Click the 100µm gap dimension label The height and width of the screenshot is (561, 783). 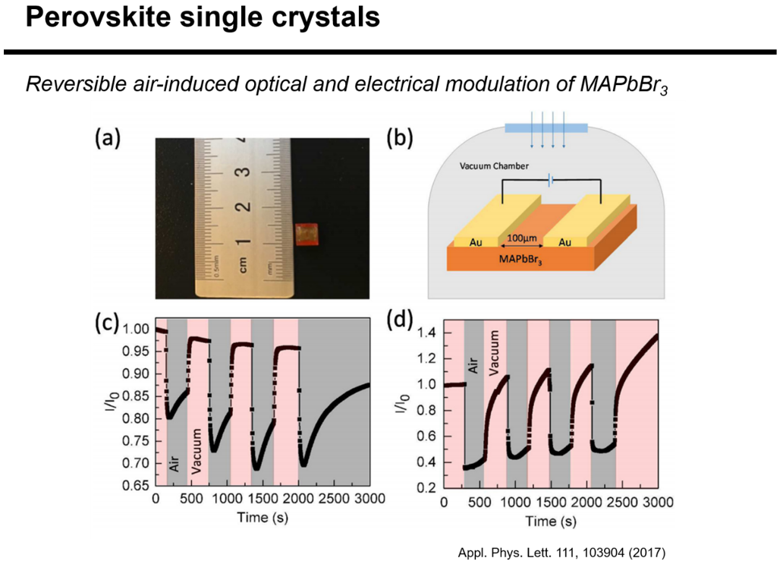click(x=521, y=239)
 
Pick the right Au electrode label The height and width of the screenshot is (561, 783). click(x=564, y=242)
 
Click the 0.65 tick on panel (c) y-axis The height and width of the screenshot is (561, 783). click(x=137, y=486)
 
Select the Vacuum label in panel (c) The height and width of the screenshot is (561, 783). click(x=197, y=452)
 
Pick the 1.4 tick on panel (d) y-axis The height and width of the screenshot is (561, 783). click(x=430, y=333)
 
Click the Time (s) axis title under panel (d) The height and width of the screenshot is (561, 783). click(x=550, y=522)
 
